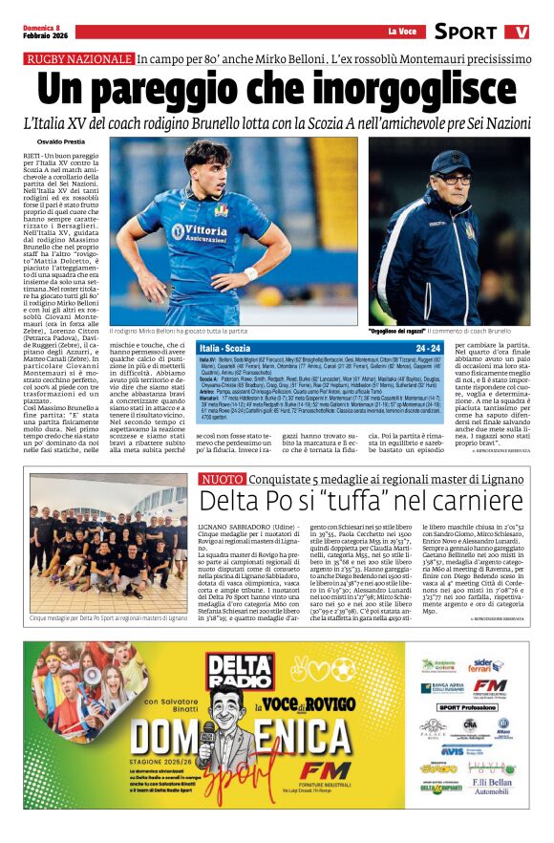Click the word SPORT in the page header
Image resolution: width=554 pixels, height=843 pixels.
465,32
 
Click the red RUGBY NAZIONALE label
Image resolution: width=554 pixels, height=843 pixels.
79,59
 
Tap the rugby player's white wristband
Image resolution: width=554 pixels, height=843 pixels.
250,273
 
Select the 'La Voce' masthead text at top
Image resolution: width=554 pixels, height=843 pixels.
402,32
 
